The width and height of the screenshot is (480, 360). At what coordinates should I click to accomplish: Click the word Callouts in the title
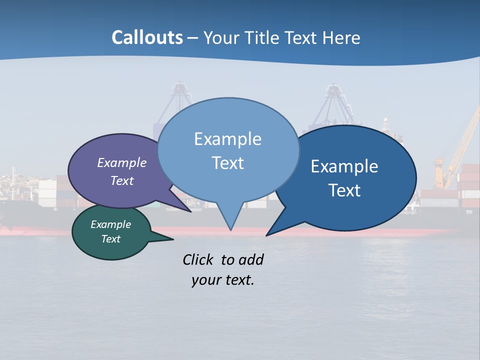coord(147,37)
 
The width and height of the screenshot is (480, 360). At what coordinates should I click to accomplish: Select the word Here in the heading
coord(341,38)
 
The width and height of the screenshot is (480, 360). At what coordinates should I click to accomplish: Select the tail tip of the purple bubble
coord(190,211)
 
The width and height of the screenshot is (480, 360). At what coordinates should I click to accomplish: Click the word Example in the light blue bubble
coord(227,139)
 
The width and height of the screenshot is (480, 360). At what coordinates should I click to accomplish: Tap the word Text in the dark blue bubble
coord(345,190)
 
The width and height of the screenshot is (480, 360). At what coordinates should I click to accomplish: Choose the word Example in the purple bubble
coord(122,162)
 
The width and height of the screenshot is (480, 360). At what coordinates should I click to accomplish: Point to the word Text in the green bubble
coord(111,239)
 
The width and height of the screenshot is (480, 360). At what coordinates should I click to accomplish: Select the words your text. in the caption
coord(223,280)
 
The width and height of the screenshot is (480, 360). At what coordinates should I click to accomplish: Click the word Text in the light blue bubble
coord(227,163)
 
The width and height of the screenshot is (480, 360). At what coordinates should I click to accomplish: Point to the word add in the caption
coord(251,259)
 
